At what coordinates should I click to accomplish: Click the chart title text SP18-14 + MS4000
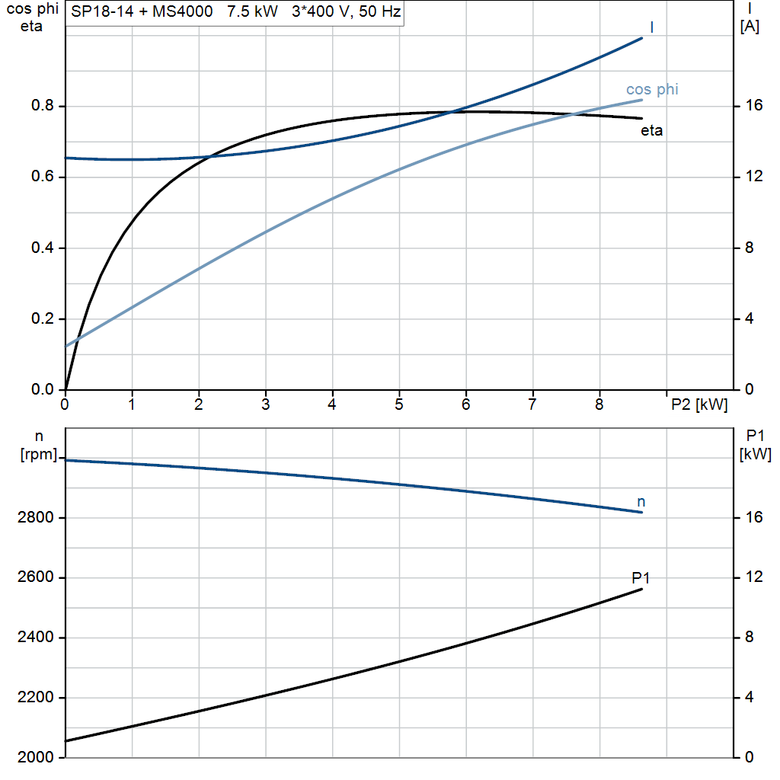coord(142,13)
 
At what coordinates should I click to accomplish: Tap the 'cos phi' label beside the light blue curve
coord(652,90)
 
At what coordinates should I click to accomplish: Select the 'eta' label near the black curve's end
coord(651,131)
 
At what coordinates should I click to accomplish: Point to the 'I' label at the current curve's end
coord(652,27)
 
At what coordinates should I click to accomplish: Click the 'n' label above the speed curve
coord(641,502)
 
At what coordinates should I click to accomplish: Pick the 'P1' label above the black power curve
coord(641,578)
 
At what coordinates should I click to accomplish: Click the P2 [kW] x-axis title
coord(699,405)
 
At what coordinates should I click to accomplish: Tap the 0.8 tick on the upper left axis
coord(43,107)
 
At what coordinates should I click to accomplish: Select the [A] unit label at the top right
coord(750,27)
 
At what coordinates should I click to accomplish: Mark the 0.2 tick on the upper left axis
coord(43,320)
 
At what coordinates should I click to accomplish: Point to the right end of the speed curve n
coord(642,513)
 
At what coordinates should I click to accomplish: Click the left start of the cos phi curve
coord(66,346)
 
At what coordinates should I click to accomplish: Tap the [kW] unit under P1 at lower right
coord(755,455)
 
